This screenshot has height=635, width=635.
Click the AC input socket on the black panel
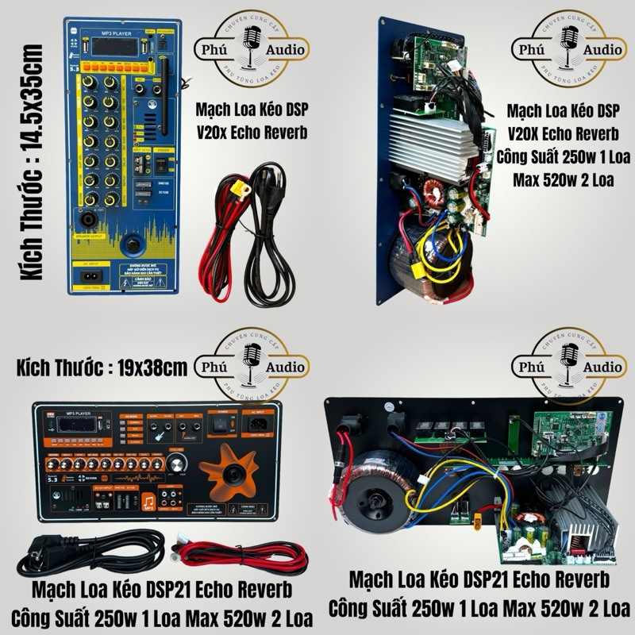pyautogui.click(x=256, y=425)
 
